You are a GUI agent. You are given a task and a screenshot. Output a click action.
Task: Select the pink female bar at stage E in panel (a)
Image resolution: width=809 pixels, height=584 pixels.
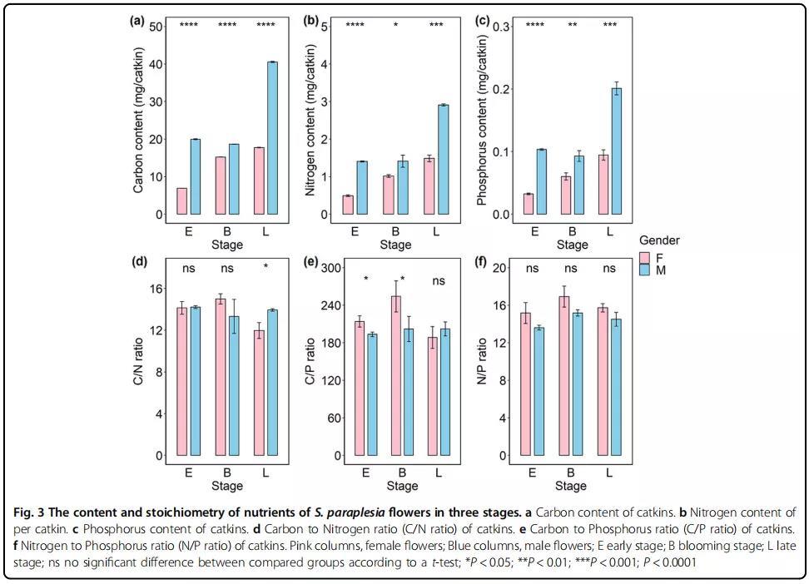(181, 201)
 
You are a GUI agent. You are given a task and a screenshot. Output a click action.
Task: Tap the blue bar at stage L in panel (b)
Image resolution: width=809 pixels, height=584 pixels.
(444, 160)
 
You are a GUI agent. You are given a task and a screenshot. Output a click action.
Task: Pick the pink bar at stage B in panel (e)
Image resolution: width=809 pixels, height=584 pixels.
(396, 375)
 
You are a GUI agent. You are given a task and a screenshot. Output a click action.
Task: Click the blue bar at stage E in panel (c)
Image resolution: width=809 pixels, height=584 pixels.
(541, 182)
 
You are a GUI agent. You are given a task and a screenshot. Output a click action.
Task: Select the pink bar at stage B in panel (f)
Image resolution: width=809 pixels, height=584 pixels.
(563, 375)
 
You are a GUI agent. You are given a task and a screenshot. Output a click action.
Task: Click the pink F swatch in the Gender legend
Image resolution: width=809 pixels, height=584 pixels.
(643, 258)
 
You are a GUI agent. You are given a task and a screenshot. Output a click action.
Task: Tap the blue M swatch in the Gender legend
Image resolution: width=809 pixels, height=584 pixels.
(643, 270)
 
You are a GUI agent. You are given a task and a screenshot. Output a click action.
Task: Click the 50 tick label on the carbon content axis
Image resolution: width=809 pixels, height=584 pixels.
(156, 27)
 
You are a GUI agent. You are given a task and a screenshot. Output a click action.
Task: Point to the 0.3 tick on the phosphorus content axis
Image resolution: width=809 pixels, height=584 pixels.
(501, 27)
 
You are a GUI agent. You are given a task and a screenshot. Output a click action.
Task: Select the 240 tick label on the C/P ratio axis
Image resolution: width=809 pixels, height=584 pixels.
(330, 305)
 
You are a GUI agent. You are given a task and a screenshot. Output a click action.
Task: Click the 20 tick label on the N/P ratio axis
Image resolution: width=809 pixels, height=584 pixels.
(501, 268)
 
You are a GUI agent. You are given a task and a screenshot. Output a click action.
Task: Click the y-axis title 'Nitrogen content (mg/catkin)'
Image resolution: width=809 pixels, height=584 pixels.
(311, 121)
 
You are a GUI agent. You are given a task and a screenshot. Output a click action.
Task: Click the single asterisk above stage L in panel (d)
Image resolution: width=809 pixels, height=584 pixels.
(265, 268)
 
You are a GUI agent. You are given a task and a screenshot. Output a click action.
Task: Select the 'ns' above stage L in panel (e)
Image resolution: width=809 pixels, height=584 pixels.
(438, 281)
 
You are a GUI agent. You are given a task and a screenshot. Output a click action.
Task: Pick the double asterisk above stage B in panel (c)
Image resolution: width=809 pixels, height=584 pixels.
(573, 26)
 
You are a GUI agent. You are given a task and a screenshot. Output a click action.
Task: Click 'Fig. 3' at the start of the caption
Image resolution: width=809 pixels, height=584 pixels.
(26, 511)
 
